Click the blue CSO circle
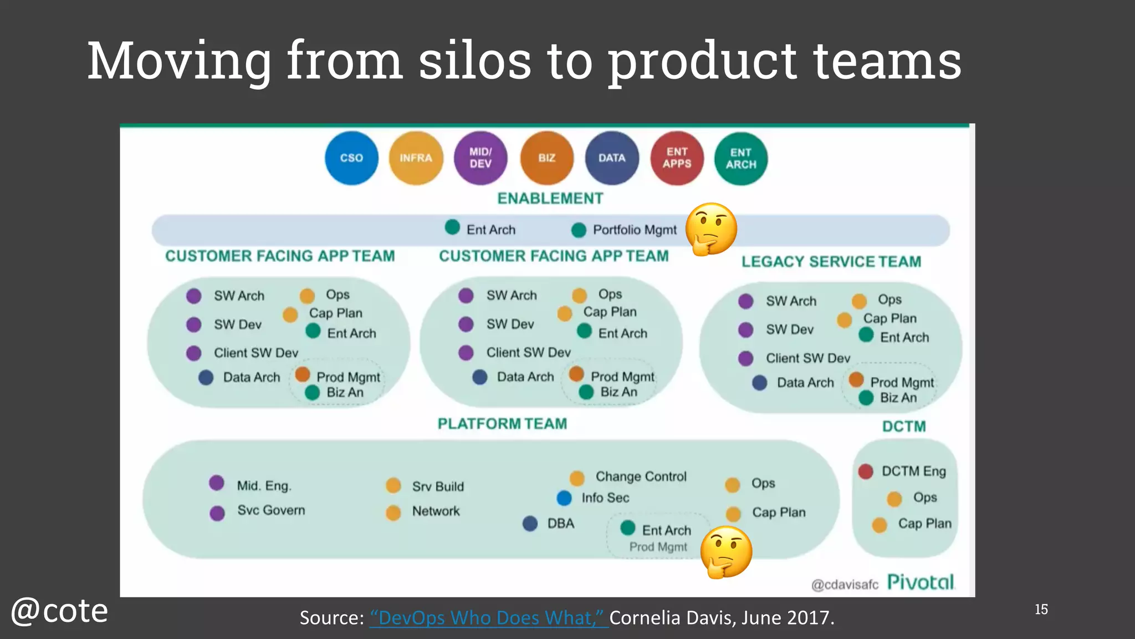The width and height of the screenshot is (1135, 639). pyautogui.click(x=351, y=158)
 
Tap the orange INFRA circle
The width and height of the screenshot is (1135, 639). pyautogui.click(x=416, y=158)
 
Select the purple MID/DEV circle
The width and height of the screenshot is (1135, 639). pyautogui.click(x=480, y=158)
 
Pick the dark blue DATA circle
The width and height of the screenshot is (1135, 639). pyautogui.click(x=612, y=158)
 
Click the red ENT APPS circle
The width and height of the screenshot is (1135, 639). pyautogui.click(x=677, y=158)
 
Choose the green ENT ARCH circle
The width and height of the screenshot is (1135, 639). pyautogui.click(x=741, y=159)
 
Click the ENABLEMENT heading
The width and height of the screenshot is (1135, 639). pyautogui.click(x=550, y=199)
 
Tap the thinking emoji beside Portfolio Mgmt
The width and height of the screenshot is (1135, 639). pyautogui.click(x=711, y=229)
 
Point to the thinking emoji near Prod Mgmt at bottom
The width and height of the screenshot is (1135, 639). pyautogui.click(x=726, y=552)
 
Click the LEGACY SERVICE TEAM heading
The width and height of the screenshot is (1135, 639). pyautogui.click(x=831, y=262)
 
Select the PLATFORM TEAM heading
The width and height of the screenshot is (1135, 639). pyautogui.click(x=502, y=424)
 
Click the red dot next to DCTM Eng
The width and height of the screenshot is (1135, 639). pyautogui.click(x=866, y=471)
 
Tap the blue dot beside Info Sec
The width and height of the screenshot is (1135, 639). pyautogui.click(x=564, y=498)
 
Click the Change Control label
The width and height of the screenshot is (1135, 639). pyautogui.click(x=641, y=476)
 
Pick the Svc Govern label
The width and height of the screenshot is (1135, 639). pyautogui.click(x=271, y=510)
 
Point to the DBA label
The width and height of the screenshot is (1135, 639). pyautogui.click(x=560, y=524)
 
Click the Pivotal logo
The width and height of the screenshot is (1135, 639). pyautogui.click(x=920, y=582)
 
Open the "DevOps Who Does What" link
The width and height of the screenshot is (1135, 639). pyautogui.click(x=489, y=618)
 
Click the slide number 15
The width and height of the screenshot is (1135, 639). pyautogui.click(x=1041, y=610)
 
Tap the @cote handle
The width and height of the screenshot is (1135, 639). pyautogui.click(x=59, y=611)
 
